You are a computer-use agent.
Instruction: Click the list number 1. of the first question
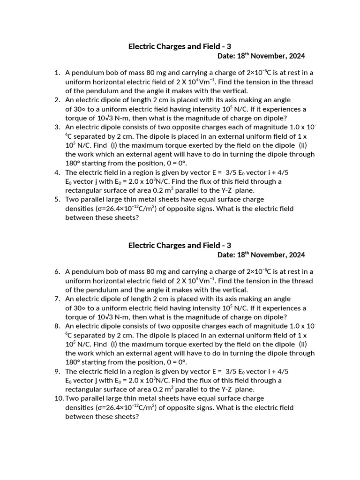[x=57, y=73]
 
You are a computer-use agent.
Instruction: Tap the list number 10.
[x=59, y=398]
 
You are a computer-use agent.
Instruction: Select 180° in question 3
[x=73, y=163]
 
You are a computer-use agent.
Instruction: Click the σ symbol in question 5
[x=99, y=209]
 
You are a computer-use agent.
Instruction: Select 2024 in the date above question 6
[x=296, y=255]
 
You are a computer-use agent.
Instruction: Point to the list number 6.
[x=57, y=271]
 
